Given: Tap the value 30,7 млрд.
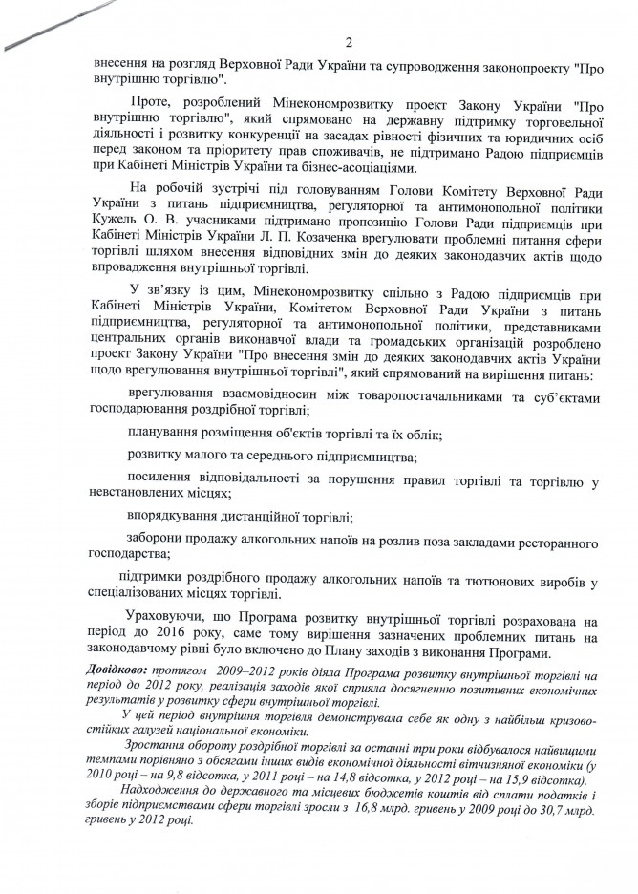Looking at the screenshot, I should (x=543, y=808).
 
